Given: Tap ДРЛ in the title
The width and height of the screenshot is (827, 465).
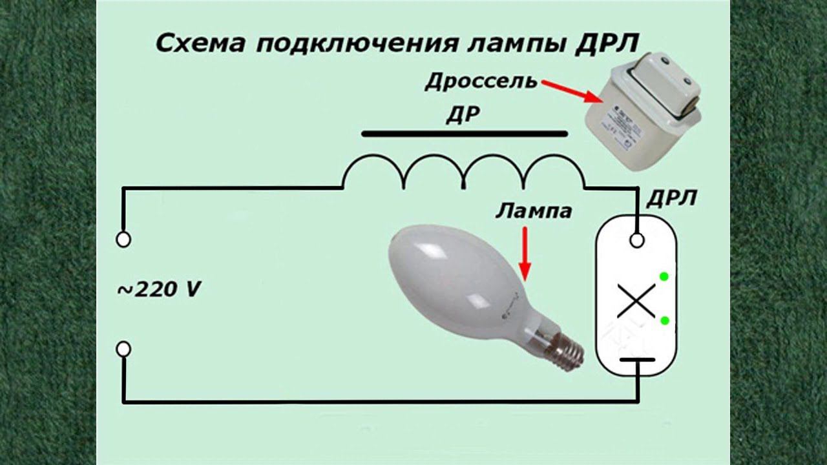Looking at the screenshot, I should pos(606,44).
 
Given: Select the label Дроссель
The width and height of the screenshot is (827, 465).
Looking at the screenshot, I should pos(481,83).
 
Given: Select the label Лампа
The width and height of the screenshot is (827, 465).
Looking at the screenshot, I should pos(534,211).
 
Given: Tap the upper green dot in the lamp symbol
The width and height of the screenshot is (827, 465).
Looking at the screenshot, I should pos(664,278).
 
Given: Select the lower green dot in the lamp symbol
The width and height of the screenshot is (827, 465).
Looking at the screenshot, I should pos(664,320).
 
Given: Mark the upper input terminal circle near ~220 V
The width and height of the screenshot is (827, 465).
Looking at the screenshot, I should pos(123,240).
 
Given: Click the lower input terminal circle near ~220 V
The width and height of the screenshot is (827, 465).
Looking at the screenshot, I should pos(123,349).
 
